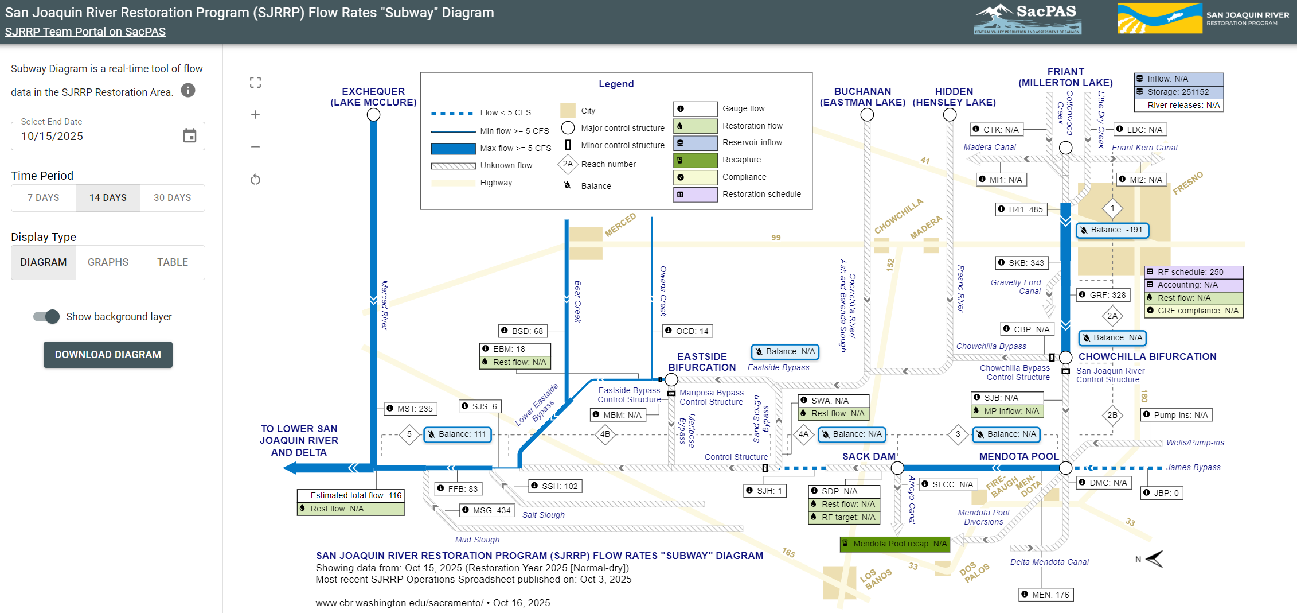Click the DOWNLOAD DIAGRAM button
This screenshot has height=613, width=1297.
(x=108, y=355)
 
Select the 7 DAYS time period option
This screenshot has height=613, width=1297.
(x=44, y=197)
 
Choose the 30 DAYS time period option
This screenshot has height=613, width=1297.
(x=172, y=197)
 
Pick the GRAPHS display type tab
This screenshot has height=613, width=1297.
(x=108, y=262)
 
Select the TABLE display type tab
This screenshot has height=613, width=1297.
(x=173, y=262)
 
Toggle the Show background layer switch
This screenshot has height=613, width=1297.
(x=46, y=316)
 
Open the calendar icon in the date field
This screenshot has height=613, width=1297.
(x=190, y=136)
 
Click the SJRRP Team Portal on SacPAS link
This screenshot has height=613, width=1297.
(x=85, y=32)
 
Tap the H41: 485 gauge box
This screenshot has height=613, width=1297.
(x=1021, y=209)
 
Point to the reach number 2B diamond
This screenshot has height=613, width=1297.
(x=1112, y=415)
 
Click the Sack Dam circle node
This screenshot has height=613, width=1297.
(x=897, y=468)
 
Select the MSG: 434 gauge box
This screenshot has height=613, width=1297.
(x=487, y=510)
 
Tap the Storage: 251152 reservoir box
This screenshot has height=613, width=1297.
(x=1178, y=92)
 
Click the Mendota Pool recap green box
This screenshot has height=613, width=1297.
(x=894, y=544)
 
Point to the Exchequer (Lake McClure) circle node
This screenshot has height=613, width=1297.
(x=373, y=115)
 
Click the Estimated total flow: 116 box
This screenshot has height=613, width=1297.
(x=350, y=495)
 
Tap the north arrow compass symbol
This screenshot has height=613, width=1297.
(x=1154, y=558)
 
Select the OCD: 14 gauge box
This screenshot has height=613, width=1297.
(x=687, y=331)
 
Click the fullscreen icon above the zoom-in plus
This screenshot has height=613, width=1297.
(x=256, y=83)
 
